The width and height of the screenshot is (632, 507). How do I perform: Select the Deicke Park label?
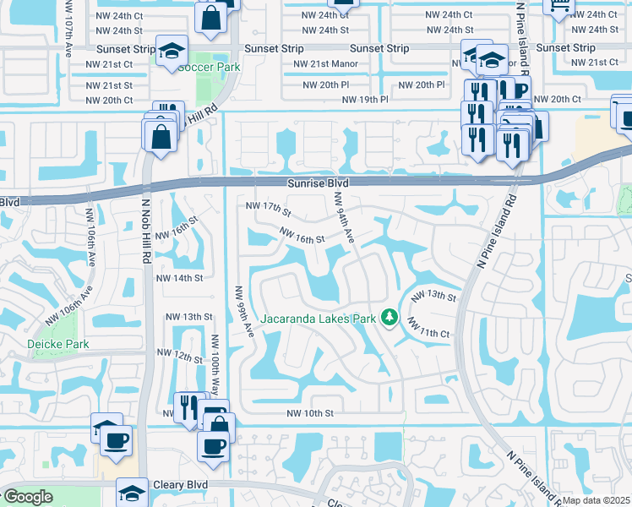pos(57,344)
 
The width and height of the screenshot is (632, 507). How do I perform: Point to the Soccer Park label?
pos(209,67)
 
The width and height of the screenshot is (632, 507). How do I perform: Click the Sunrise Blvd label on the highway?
pos(294,182)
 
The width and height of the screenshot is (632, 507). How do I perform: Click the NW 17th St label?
pos(268,207)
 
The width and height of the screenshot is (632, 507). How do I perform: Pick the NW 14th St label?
pos(180,278)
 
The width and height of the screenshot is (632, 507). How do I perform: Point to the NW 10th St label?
pos(311,413)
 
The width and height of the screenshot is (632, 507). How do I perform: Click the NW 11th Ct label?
pos(428,329)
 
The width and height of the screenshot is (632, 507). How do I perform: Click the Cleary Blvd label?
pos(181,485)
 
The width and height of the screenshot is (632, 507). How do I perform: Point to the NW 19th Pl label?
pos(365,100)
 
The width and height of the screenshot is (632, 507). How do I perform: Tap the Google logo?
pos(28,498)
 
